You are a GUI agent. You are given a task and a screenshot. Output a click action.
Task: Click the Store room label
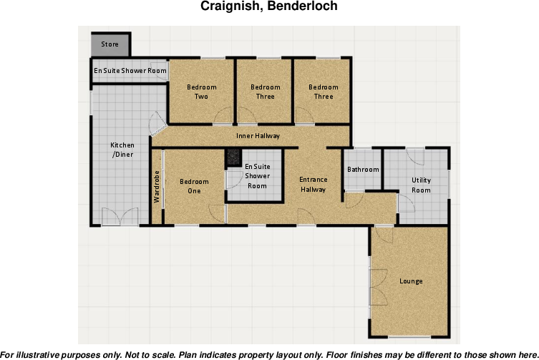coord(110,44)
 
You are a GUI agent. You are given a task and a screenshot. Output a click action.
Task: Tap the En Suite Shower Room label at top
coord(130,71)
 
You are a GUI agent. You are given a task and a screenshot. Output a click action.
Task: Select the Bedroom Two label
coord(201,92)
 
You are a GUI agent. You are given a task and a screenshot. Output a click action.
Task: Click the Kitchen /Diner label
coord(122,150)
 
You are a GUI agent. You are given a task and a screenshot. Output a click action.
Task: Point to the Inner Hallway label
coord(258,135)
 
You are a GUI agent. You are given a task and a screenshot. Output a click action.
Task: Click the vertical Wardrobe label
coord(157,186)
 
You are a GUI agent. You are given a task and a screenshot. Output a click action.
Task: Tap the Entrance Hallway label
coord(313,185)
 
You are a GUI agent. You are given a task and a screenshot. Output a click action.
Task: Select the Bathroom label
coord(362,170)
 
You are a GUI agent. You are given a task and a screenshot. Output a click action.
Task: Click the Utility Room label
coord(421,185)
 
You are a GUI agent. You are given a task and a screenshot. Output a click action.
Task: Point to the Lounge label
coord(411,281)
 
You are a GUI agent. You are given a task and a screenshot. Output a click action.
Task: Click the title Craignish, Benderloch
coord(269,7)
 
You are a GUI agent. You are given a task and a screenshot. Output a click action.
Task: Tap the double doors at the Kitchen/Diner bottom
coord(119,216)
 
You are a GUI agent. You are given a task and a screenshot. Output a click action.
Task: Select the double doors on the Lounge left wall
coord(377,281)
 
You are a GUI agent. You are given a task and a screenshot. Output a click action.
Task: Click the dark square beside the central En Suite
coord(232,157)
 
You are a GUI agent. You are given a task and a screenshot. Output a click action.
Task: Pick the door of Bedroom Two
coord(223,115)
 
